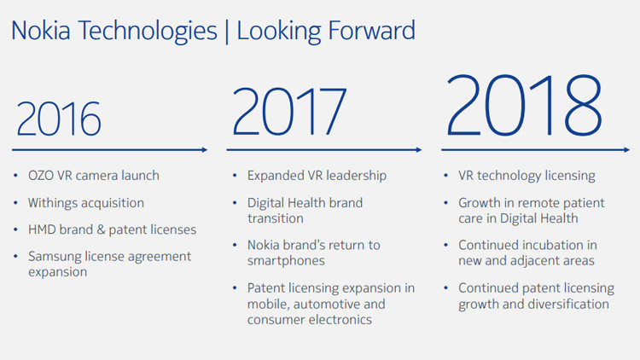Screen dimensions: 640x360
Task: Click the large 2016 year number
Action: pos(59,119)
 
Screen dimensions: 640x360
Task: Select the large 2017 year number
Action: pos(289,111)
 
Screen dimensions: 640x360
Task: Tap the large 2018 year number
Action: pos(524,105)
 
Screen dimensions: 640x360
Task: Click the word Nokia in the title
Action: pos(41,31)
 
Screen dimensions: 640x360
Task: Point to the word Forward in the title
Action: pos(372,31)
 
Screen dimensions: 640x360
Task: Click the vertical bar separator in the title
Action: pos(227,32)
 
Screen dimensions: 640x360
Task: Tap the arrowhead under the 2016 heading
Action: pos(205,150)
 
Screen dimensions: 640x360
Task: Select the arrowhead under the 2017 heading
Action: pos(419,150)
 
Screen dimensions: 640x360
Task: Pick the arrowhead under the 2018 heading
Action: pos(627,150)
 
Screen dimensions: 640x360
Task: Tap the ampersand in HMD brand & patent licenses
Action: pos(101,229)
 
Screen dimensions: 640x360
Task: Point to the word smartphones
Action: pos(286,261)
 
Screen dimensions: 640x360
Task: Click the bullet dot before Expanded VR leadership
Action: pos(235,176)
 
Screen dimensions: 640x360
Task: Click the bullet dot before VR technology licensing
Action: pos(445,176)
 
